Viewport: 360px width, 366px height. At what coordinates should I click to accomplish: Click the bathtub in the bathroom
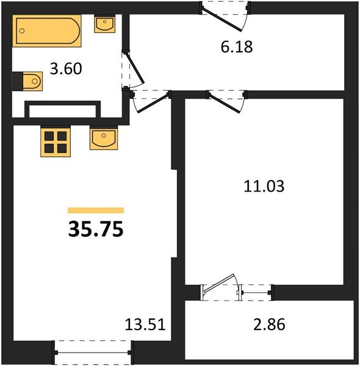tap(47, 31)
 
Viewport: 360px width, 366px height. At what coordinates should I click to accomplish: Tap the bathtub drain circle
tap(22, 31)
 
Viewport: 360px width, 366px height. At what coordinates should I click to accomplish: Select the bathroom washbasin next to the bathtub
tap(104, 24)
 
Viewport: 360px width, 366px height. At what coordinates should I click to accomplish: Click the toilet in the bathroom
tap(27, 81)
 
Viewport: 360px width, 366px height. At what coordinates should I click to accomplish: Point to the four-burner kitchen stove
tap(56, 142)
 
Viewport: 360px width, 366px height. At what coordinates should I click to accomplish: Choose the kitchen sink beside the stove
tap(104, 138)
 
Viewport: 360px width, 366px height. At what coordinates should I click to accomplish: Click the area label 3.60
tap(66, 69)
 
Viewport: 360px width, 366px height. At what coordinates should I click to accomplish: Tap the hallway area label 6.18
tap(237, 47)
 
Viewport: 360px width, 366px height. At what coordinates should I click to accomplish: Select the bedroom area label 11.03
tap(264, 186)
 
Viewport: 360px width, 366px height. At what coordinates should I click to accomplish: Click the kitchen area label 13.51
tap(145, 325)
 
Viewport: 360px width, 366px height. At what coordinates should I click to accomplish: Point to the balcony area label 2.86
tap(269, 325)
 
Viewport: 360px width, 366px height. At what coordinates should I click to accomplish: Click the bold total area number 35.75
tap(96, 229)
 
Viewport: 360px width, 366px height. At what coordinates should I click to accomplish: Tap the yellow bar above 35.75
tap(96, 210)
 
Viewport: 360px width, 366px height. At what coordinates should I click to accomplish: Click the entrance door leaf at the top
tap(221, 20)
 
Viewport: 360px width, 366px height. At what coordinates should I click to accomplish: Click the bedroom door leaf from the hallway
tap(225, 103)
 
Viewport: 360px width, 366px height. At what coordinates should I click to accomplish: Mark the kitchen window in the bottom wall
tap(93, 353)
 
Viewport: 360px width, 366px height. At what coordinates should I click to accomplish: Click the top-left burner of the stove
tap(49, 136)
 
